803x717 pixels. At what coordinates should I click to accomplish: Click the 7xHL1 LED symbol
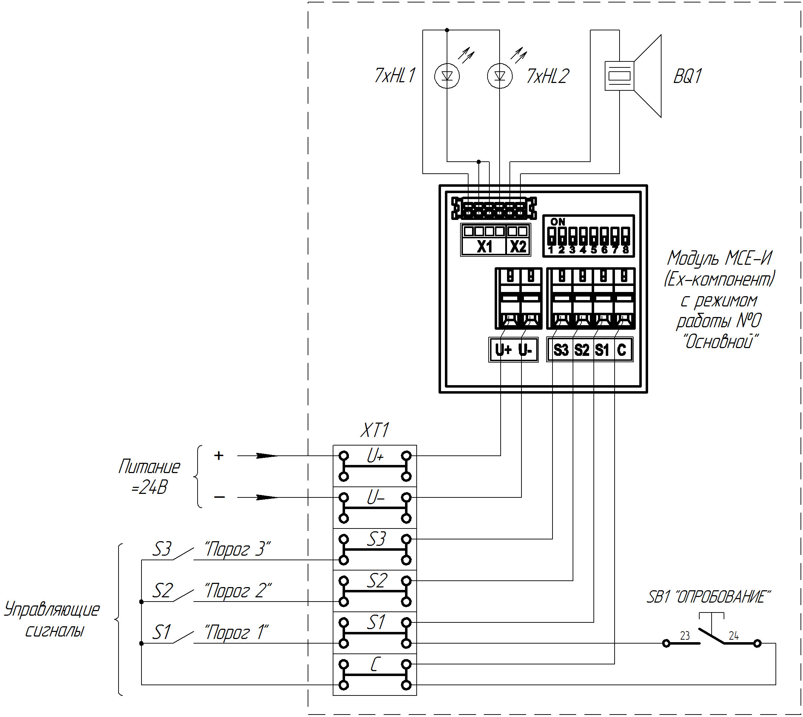(447, 76)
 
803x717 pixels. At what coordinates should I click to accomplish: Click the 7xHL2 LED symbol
(500, 76)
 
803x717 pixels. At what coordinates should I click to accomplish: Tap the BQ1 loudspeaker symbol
(633, 76)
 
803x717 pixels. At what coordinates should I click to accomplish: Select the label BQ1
(688, 76)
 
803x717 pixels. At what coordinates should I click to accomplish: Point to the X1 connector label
(484, 247)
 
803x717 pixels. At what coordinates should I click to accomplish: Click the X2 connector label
(518, 247)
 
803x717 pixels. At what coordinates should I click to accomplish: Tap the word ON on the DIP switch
(558, 222)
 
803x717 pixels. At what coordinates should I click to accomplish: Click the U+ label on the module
(503, 349)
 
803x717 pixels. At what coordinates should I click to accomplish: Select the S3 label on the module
(561, 350)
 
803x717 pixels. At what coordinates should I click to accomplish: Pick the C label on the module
(622, 350)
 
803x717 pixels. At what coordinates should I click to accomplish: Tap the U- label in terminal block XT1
(375, 497)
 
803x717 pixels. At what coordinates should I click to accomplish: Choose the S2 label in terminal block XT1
(377, 581)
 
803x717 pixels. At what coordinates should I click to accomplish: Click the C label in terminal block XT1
(375, 664)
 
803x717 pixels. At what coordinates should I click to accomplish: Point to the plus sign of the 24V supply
(219, 455)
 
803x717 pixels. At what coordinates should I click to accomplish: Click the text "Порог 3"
(237, 549)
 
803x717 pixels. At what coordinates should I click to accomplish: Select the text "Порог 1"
(236, 632)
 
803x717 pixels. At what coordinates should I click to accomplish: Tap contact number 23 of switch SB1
(685, 635)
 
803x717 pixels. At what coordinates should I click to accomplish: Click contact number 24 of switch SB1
(734, 635)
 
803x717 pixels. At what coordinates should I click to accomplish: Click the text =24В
(150, 488)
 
